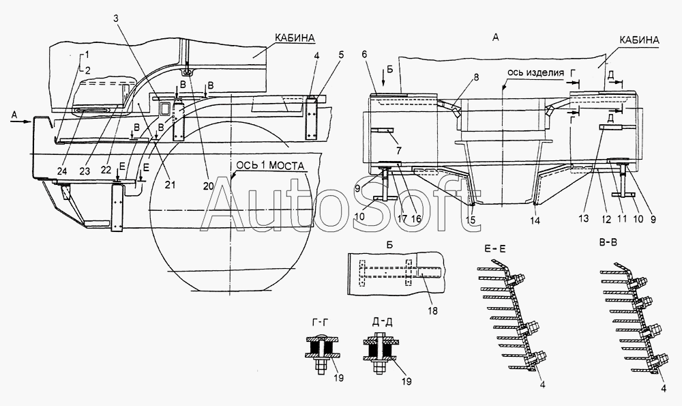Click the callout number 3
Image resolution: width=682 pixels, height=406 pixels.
(116, 18)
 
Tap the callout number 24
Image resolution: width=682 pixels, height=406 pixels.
(63, 171)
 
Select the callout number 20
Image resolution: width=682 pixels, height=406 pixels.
(209, 186)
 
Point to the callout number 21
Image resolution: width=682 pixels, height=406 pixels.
(170, 184)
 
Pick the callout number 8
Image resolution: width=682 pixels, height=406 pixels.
(476, 78)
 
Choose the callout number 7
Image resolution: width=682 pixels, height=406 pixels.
(399, 151)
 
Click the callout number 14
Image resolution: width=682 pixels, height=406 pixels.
(535, 221)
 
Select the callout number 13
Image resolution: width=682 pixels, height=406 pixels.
(584, 218)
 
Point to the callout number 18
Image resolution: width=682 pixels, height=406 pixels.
(433, 310)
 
